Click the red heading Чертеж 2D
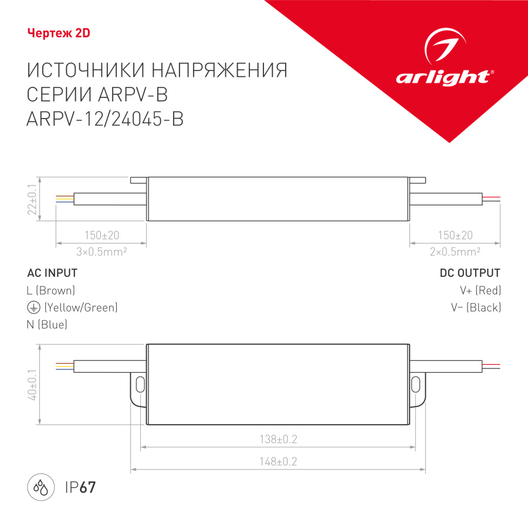coord(59,33)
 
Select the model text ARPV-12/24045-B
coord(106,119)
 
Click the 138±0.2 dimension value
coord(279,439)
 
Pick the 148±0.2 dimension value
coord(279,461)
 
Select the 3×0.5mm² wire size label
coord(101,251)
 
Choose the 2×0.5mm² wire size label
coord(455,251)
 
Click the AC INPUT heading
coord(52,273)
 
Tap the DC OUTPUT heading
coord(470,273)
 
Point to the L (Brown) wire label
coord(51,290)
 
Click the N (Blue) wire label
coord(47,324)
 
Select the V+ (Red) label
coord(480,290)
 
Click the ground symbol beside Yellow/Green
coord(33,307)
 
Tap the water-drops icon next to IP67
coord(40,487)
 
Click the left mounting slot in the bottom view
coord(140,385)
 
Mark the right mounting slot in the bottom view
coord(415,385)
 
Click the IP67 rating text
coord(79,487)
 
